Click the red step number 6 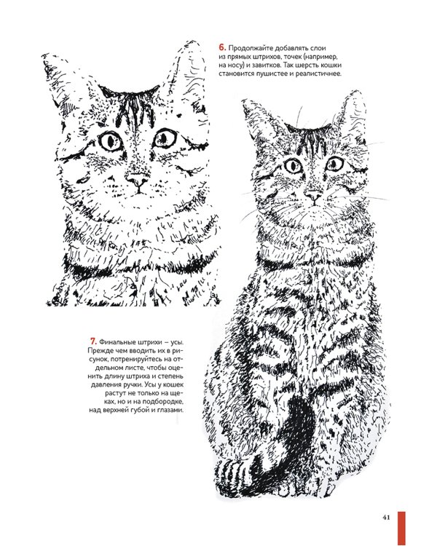click(222, 47)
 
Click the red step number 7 click(92, 341)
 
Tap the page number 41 click(386, 518)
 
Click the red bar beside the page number click(402, 529)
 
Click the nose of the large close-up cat click(138, 180)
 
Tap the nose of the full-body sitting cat click(312, 196)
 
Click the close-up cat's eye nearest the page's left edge click(111, 141)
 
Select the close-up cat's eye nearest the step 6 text click(165, 138)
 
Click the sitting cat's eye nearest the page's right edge click(334, 163)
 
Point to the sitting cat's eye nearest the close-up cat click(293, 166)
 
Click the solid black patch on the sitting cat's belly click(297, 418)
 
